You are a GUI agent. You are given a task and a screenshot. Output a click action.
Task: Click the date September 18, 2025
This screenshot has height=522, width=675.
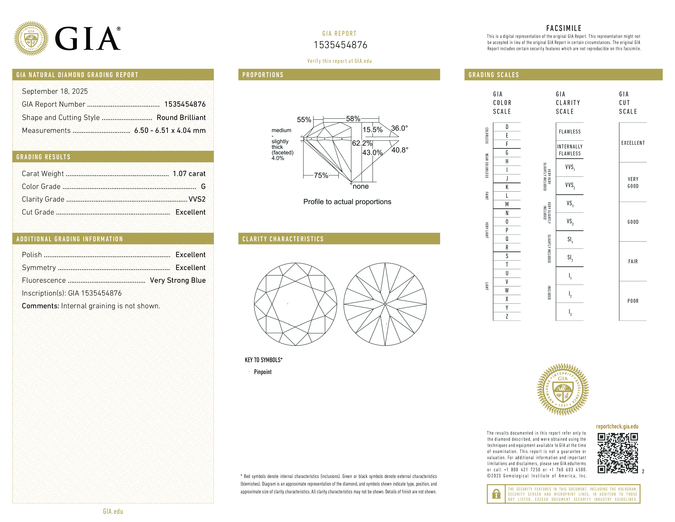[x=55, y=91]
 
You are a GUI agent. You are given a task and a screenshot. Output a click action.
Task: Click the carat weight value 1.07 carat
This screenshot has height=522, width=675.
[x=189, y=173]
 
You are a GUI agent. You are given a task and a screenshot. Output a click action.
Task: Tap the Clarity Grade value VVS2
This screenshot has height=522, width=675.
[x=197, y=199]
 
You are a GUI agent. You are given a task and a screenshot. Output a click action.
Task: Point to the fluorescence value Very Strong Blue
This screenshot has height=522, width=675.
[x=178, y=280]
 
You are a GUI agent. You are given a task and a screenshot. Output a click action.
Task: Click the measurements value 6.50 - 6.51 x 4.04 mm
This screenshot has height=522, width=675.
[x=170, y=131]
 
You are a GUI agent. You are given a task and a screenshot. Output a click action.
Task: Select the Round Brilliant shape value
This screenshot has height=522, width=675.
[x=181, y=118]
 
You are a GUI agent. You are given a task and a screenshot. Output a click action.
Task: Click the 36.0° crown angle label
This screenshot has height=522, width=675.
[x=399, y=128]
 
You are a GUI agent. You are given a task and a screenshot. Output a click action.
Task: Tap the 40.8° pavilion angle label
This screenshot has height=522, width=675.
[x=400, y=150]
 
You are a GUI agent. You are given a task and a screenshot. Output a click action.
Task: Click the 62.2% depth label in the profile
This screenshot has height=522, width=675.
[x=362, y=143]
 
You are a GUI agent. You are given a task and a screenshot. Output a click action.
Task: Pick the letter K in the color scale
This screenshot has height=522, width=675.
[x=507, y=187]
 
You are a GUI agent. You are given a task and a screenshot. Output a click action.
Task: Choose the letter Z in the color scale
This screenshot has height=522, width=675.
[x=507, y=316]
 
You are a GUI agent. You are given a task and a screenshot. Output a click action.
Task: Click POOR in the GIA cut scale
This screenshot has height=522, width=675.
[x=633, y=301]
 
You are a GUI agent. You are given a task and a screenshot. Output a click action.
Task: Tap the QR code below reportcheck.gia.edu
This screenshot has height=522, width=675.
[x=618, y=453]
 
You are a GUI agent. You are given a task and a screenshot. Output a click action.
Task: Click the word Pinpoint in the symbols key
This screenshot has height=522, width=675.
[x=263, y=372]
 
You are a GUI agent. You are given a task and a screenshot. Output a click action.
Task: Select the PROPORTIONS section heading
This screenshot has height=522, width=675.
[x=263, y=75]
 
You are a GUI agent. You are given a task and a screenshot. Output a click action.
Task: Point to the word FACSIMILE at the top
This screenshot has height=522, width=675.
[x=564, y=28]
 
